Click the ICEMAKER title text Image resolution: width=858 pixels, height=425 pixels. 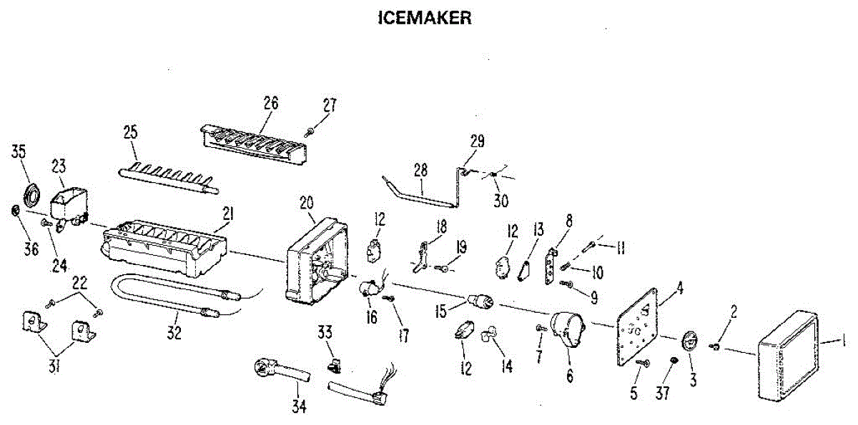point(424,19)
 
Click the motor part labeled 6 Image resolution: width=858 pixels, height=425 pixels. point(566,331)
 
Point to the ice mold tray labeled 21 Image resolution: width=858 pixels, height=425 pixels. point(164,250)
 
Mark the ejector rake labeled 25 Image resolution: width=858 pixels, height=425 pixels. point(168,176)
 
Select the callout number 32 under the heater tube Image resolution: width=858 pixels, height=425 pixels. point(174,332)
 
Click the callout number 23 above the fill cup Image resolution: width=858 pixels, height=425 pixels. point(59,166)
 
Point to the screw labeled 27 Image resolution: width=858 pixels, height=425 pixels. point(310,131)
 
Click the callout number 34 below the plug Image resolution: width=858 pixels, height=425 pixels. point(299,406)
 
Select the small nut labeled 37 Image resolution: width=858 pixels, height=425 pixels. point(673,361)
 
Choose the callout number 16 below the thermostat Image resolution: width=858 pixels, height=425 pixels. point(371,316)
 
